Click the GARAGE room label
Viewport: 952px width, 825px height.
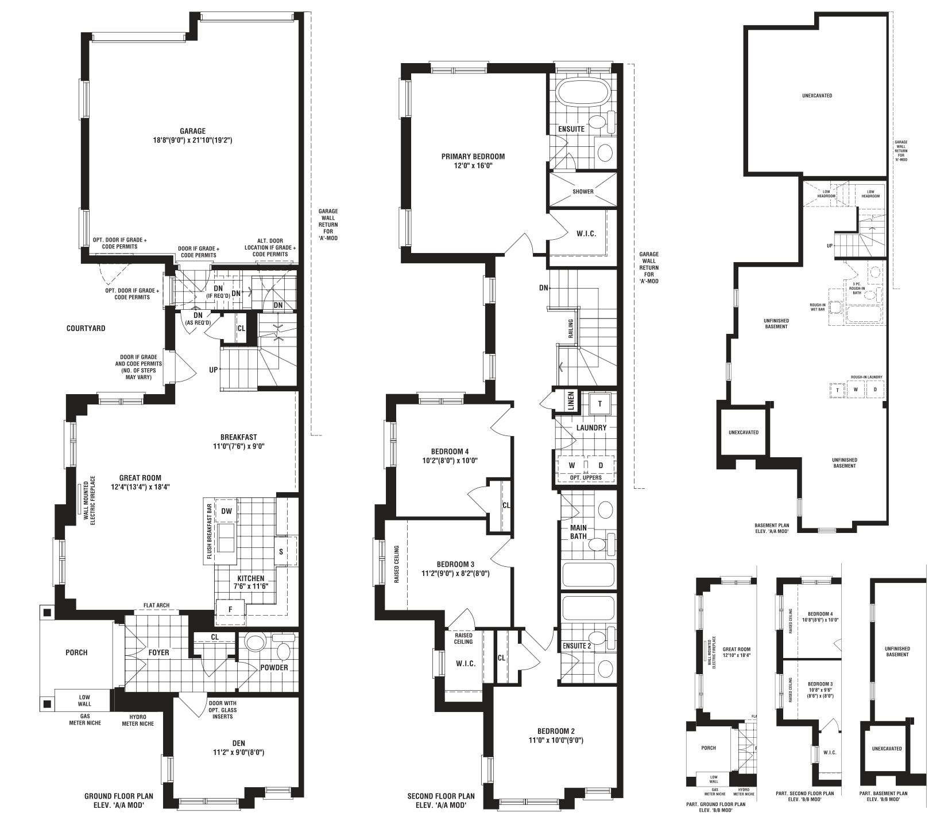[x=192, y=131]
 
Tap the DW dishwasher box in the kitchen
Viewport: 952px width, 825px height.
[x=226, y=511]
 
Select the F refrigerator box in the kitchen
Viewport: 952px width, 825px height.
[x=230, y=609]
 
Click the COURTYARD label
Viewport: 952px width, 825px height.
[x=86, y=329]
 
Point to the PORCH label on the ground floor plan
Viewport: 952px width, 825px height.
[x=76, y=652]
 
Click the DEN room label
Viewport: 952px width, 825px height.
[x=239, y=744]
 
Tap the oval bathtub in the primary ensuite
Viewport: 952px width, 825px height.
[x=583, y=94]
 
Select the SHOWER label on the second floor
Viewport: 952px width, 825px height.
[x=583, y=192]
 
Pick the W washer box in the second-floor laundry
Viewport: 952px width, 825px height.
[x=572, y=465]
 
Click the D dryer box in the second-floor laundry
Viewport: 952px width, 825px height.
[x=601, y=465]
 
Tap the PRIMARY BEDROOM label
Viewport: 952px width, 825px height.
[x=473, y=157]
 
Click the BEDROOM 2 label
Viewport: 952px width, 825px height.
[x=556, y=731]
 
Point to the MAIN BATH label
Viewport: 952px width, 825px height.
[x=578, y=532]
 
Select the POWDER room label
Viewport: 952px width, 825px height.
[x=274, y=667]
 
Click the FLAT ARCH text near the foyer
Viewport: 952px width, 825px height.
[x=156, y=605]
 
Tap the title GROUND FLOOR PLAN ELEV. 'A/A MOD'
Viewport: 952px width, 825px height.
[x=119, y=800]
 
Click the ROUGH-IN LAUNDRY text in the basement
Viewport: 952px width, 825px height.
[x=866, y=377]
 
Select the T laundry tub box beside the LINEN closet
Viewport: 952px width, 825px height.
[x=600, y=403]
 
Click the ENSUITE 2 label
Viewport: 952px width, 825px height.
[x=577, y=645]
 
